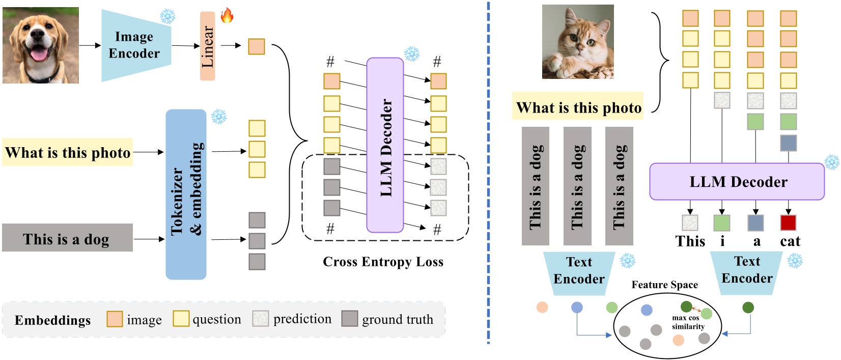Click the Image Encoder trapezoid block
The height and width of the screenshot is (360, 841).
pos(134,45)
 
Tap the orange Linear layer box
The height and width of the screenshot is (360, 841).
pos(207,46)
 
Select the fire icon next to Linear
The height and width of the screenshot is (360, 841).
pos(227,15)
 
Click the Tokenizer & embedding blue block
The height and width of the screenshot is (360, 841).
pos(186,195)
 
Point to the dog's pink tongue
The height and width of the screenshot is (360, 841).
pos(39,53)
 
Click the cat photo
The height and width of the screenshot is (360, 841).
pos(578,42)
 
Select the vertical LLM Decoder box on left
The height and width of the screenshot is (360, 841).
pos(385,145)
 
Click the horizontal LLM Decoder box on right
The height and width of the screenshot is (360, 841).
pos(737,182)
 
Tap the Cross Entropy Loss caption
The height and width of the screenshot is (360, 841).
pos(383,262)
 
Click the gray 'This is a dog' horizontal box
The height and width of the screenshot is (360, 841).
pos(67,238)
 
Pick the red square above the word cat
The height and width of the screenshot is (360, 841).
pos(788,223)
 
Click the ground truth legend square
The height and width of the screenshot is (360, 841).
pos(349,319)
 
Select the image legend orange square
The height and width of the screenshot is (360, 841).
pos(115,319)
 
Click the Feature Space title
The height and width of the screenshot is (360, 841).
pos(664,285)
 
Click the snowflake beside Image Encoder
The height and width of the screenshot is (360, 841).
pos(167,16)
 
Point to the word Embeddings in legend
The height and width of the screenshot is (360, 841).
pos(52,320)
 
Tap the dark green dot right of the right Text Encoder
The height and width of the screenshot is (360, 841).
pos(748,307)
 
